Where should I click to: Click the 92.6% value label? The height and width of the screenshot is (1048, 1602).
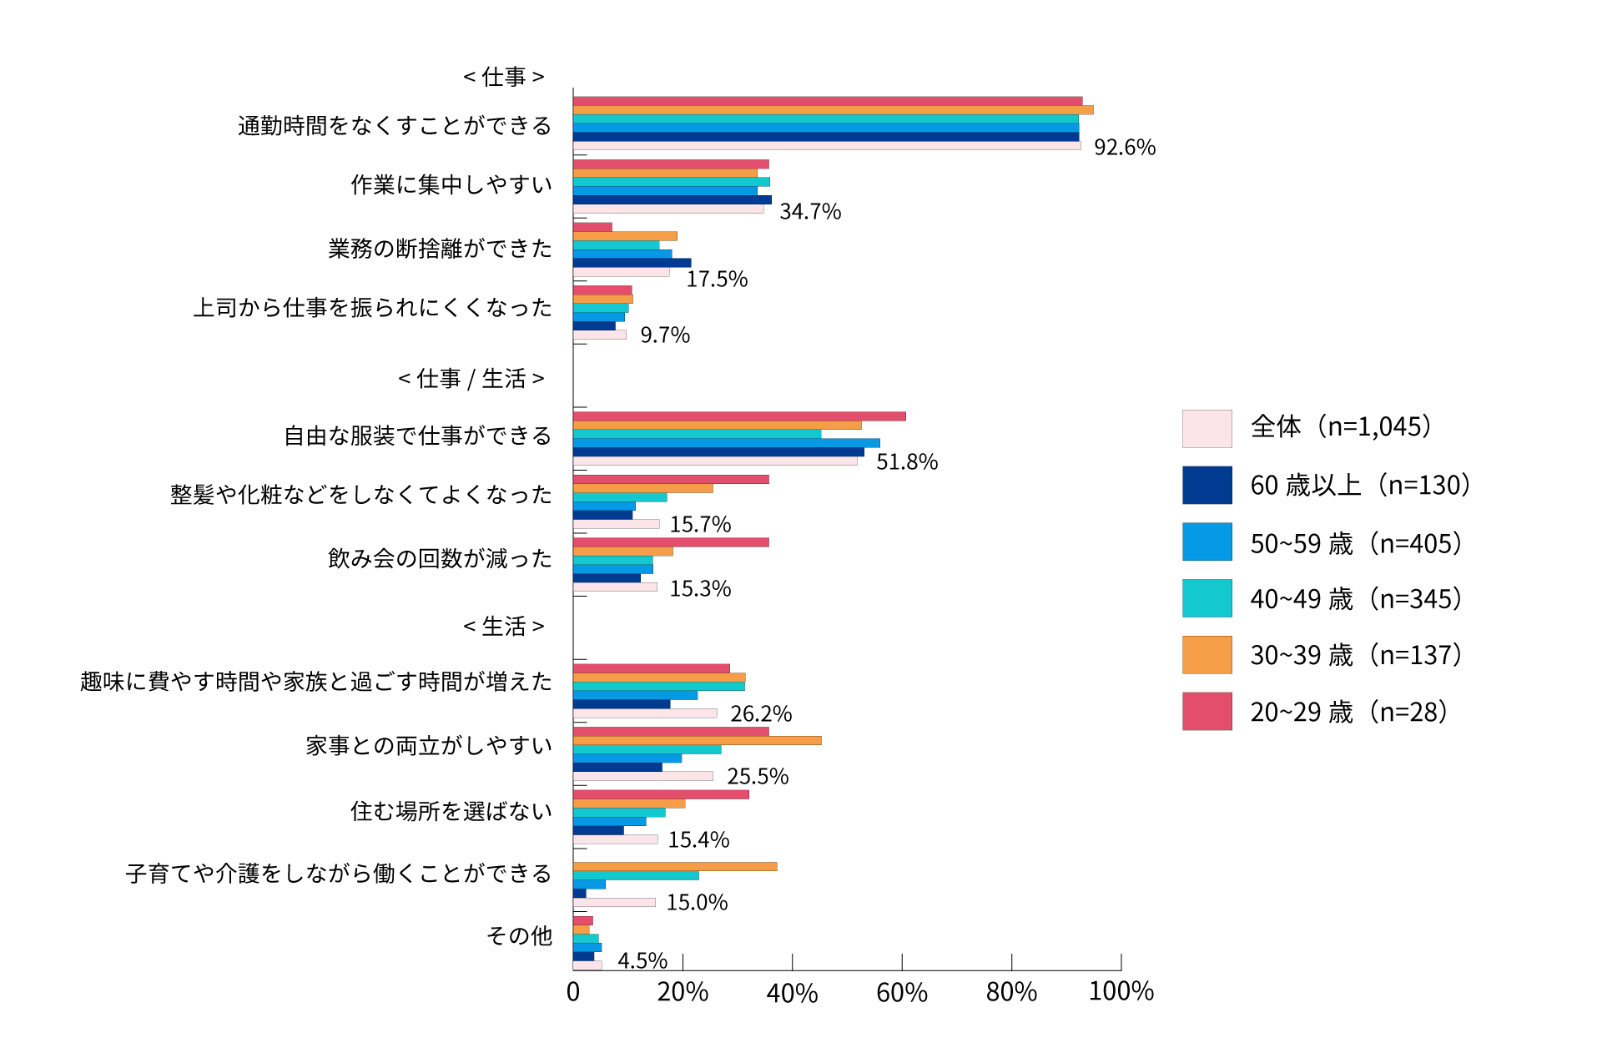pyautogui.click(x=1124, y=148)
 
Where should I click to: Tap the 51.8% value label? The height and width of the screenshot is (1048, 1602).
pyautogui.click(x=906, y=462)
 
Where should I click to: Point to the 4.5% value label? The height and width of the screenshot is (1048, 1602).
pyautogui.click(x=642, y=961)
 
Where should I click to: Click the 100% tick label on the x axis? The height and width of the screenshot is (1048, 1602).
pyautogui.click(x=1121, y=991)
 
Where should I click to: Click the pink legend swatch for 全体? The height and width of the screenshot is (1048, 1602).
pyautogui.click(x=1207, y=428)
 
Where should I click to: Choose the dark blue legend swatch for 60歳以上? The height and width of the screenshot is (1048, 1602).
pyautogui.click(x=1207, y=485)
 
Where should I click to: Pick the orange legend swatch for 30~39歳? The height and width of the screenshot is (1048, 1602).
pyautogui.click(x=1207, y=655)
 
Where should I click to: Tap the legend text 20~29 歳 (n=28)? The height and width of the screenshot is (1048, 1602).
pyautogui.click(x=1348, y=712)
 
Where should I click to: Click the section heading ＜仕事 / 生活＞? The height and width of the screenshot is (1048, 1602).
pyautogui.click(x=471, y=379)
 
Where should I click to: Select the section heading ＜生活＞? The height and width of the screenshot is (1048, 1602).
pyautogui.click(x=504, y=627)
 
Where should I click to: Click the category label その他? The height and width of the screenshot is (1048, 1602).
pyautogui.click(x=519, y=936)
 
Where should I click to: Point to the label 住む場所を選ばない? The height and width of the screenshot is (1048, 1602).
pyautogui.click(x=451, y=811)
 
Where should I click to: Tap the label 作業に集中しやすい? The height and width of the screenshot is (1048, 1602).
pyautogui.click(x=451, y=184)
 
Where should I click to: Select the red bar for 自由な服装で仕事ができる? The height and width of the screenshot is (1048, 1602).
pyautogui.click(x=739, y=416)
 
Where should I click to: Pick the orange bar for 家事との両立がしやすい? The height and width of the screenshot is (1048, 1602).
pyautogui.click(x=697, y=741)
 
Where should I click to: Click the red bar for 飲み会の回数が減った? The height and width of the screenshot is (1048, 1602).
pyautogui.click(x=671, y=542)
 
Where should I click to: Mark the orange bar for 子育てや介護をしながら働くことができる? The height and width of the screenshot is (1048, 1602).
pyautogui.click(x=675, y=867)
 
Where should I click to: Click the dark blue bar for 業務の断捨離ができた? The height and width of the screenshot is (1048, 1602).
pyautogui.click(x=632, y=263)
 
